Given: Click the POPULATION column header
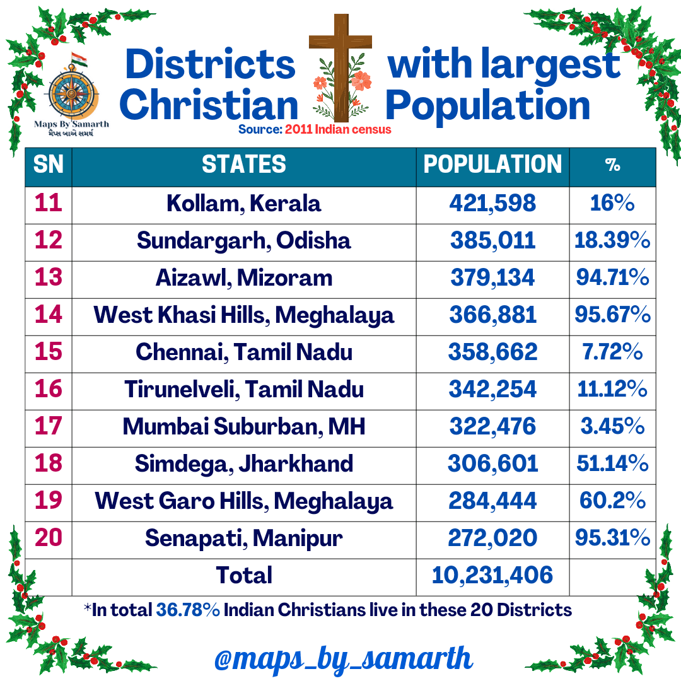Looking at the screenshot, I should coord(492,165).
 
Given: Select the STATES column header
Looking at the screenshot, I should coord(244,165).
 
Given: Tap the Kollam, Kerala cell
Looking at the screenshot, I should coord(244,204).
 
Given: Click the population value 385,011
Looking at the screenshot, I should coord(492,241).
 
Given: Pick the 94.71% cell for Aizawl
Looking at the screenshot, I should coord(612,278).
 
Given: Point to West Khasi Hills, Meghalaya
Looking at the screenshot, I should coord(244,315).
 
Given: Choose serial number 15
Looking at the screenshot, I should coord(49,352).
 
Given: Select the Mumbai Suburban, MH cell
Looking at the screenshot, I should coord(244,427).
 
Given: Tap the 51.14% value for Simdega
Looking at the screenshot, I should coord(612,464).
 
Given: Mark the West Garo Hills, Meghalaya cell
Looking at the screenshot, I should coord(244,501).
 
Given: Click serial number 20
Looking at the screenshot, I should coord(49,538).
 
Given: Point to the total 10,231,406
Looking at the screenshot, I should coord(492,575).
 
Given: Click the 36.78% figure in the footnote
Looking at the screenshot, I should coord(188,610).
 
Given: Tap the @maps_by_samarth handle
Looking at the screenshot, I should coord(343,659).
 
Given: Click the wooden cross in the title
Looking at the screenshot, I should coord(340,63).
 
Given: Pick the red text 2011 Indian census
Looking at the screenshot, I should coord(338,130).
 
